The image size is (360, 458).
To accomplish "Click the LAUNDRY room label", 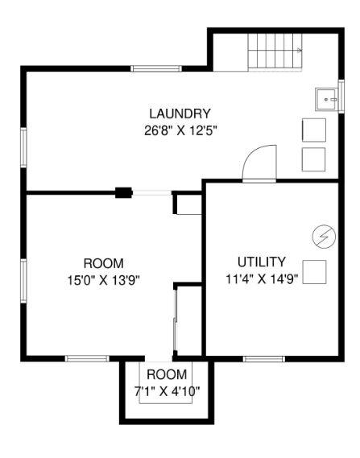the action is (x=180, y=113).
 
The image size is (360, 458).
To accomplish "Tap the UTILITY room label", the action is (x=261, y=262).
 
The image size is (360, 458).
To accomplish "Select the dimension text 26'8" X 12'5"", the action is (x=181, y=130).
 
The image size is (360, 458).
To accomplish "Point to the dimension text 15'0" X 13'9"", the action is (x=103, y=280).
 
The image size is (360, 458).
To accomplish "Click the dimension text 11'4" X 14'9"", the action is (x=262, y=279).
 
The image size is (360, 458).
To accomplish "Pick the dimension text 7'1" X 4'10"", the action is (x=167, y=391).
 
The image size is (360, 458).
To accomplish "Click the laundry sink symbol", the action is (x=327, y=100).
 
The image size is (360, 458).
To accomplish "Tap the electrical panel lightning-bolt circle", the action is (x=324, y=237).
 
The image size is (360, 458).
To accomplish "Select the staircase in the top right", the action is (x=275, y=52).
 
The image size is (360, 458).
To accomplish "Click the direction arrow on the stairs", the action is (x=299, y=51).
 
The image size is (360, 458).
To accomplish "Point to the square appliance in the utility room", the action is (x=314, y=272).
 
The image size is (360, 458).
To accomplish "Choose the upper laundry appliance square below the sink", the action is (x=314, y=130).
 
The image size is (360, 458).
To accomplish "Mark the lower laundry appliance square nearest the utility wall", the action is (x=313, y=159).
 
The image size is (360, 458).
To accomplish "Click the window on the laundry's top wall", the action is (x=156, y=69).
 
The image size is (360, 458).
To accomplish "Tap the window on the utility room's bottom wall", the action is (x=264, y=359).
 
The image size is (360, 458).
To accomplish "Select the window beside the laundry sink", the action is (x=341, y=96).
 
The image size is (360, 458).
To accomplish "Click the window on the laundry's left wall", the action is (x=23, y=147).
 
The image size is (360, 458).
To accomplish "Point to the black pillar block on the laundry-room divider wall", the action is (x=123, y=193).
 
